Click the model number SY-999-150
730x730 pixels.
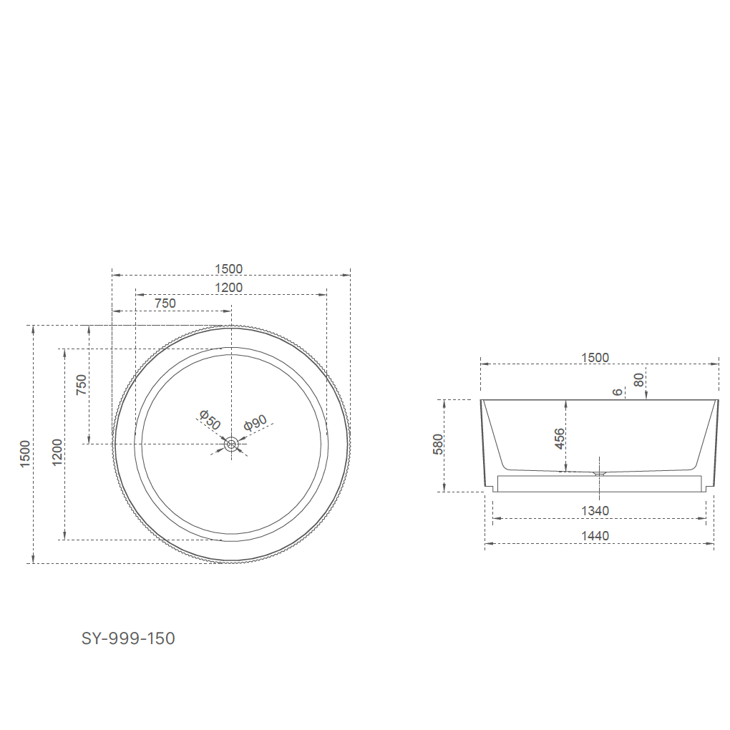[128, 638]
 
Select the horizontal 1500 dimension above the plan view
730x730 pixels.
[229, 269]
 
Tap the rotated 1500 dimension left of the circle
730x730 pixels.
[25, 454]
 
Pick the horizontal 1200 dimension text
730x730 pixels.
[229, 288]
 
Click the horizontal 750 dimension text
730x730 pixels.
[165, 303]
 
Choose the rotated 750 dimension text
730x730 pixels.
[82, 385]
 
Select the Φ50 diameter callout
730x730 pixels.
[210, 420]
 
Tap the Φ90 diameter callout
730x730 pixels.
[255, 422]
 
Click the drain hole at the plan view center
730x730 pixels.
[231, 444]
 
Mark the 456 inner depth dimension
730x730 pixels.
[560, 439]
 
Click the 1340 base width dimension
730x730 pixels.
[595, 511]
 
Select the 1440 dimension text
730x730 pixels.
[595, 536]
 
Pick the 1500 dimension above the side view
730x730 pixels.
[595, 358]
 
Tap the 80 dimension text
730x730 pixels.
[639, 379]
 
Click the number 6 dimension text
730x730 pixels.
[618, 391]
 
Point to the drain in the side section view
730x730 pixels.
[599, 472]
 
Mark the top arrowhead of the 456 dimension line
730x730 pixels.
[566, 402]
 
